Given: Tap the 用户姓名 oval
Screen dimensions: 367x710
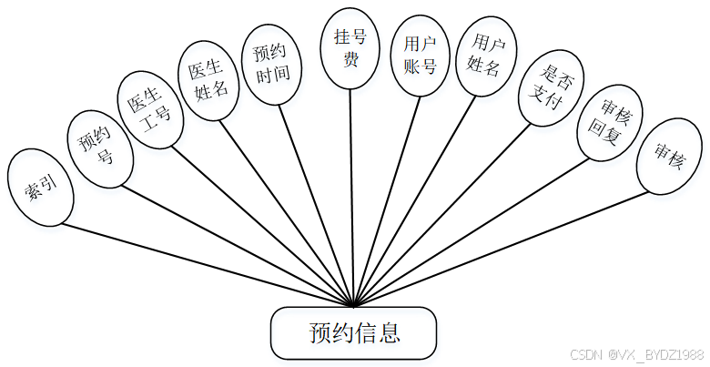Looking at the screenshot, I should click(482, 57).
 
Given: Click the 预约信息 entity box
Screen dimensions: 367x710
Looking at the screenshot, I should click(354, 332).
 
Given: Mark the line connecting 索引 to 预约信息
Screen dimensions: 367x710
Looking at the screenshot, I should click(209, 264).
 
